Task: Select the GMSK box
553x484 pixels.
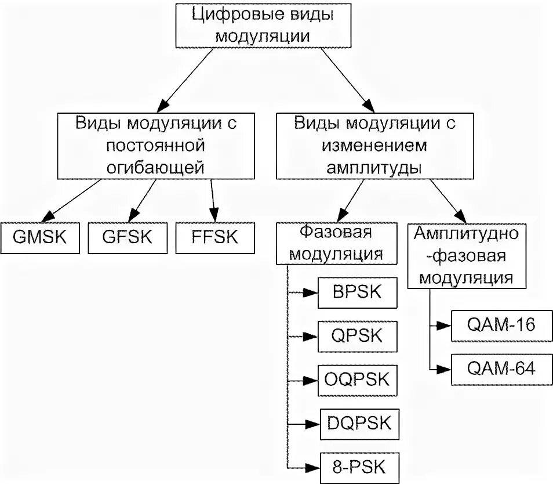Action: [40, 238]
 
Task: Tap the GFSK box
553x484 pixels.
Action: [127, 238]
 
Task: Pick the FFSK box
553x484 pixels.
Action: [214, 238]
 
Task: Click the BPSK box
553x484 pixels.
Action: [358, 292]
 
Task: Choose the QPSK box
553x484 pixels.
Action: [358, 336]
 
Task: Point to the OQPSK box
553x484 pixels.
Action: [358, 380]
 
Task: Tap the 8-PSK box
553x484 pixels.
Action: [358, 467]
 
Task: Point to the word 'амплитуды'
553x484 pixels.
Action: [374, 168]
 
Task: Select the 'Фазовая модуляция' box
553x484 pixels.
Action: [336, 243]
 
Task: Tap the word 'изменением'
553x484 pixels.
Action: [374, 145]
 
